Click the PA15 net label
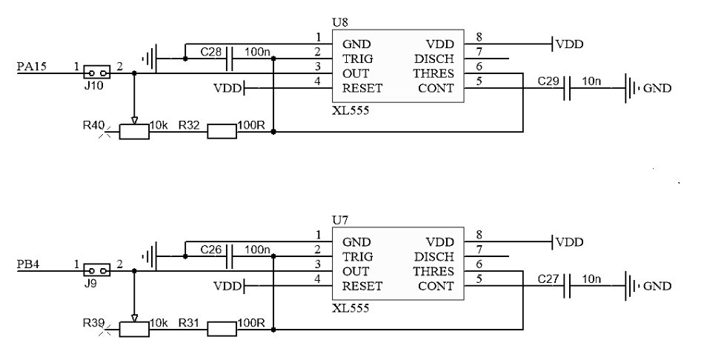[31, 66]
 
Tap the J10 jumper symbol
[97, 73]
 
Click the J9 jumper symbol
[97, 270]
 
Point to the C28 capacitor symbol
[230, 58]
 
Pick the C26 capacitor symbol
[230, 256]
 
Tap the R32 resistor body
[222, 132]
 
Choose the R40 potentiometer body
[134, 132]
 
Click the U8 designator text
[340, 23]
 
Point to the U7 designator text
[340, 221]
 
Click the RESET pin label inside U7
[362, 285]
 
